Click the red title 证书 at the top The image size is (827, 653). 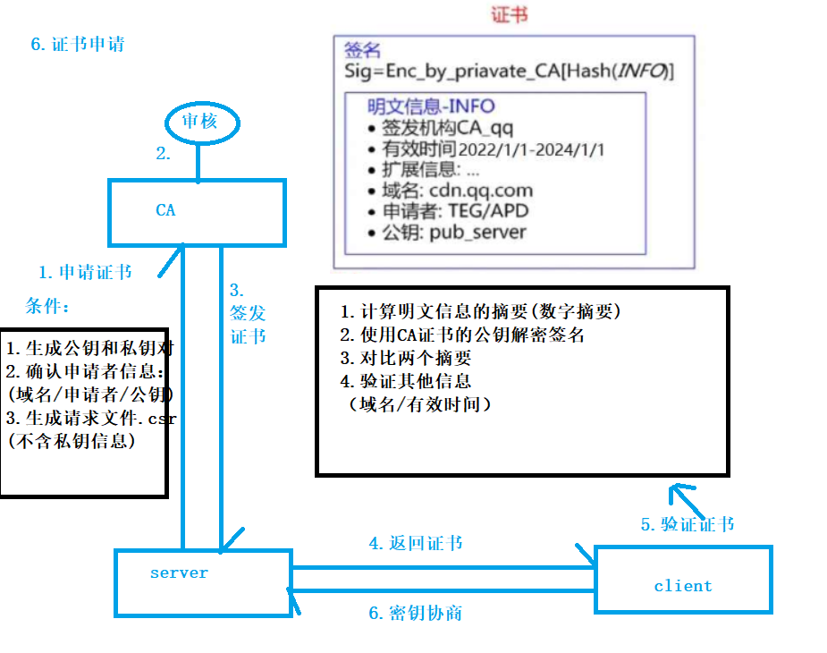pyautogui.click(x=509, y=15)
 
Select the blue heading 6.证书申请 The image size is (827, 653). pyautogui.click(x=78, y=44)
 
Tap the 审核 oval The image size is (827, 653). pyautogui.click(x=199, y=122)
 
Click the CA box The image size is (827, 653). pyautogui.click(x=197, y=211)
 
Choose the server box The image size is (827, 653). pyautogui.click(x=203, y=582)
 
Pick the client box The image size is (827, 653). pyautogui.click(x=683, y=580)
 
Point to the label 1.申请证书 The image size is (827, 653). pyautogui.click(x=86, y=272)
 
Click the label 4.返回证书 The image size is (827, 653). pyautogui.click(x=416, y=543)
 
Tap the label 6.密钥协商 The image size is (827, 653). pyautogui.click(x=416, y=613)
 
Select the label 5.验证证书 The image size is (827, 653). pyautogui.click(x=688, y=524)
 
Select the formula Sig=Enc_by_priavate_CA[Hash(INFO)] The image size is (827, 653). pyautogui.click(x=509, y=71)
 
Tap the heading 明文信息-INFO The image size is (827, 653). pyautogui.click(x=431, y=106)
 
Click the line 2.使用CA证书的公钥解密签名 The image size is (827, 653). pyautogui.click(x=462, y=335)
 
